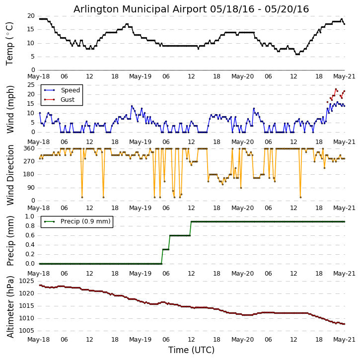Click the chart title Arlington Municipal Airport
click(191, 9)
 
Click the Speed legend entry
click(70, 90)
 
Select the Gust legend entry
click(67, 100)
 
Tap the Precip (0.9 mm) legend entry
click(85, 221)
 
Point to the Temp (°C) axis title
click(10, 43)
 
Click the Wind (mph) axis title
click(10, 109)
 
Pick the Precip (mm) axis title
click(10, 240)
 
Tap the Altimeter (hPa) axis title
click(10, 306)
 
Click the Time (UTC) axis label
click(191, 350)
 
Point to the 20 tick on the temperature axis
click(30, 16)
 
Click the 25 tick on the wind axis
click(30, 85)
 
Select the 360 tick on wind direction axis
click(29, 148)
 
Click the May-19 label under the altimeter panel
click(141, 340)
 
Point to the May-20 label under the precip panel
click(243, 274)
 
